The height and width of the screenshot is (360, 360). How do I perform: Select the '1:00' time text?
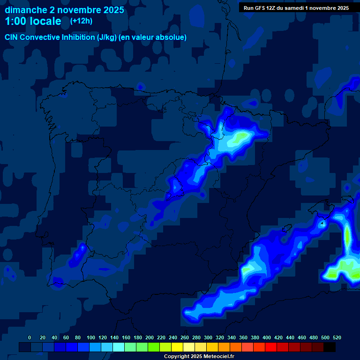pos(15,21)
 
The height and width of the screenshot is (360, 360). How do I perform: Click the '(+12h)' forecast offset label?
pos(82,21)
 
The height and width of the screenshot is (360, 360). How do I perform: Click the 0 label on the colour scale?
pos(30,337)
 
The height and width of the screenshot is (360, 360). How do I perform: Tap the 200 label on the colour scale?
pos(150,337)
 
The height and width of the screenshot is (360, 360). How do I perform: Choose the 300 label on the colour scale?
pos(208,337)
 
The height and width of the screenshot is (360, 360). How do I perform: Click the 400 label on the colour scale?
pos(267,337)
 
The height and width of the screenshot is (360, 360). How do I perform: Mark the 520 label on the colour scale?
pos(337,337)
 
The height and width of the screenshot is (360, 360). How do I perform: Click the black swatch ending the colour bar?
pos(330,347)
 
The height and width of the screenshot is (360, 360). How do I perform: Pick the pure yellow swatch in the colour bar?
pos(177,347)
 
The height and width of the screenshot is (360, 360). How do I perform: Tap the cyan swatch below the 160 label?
pos(119,347)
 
